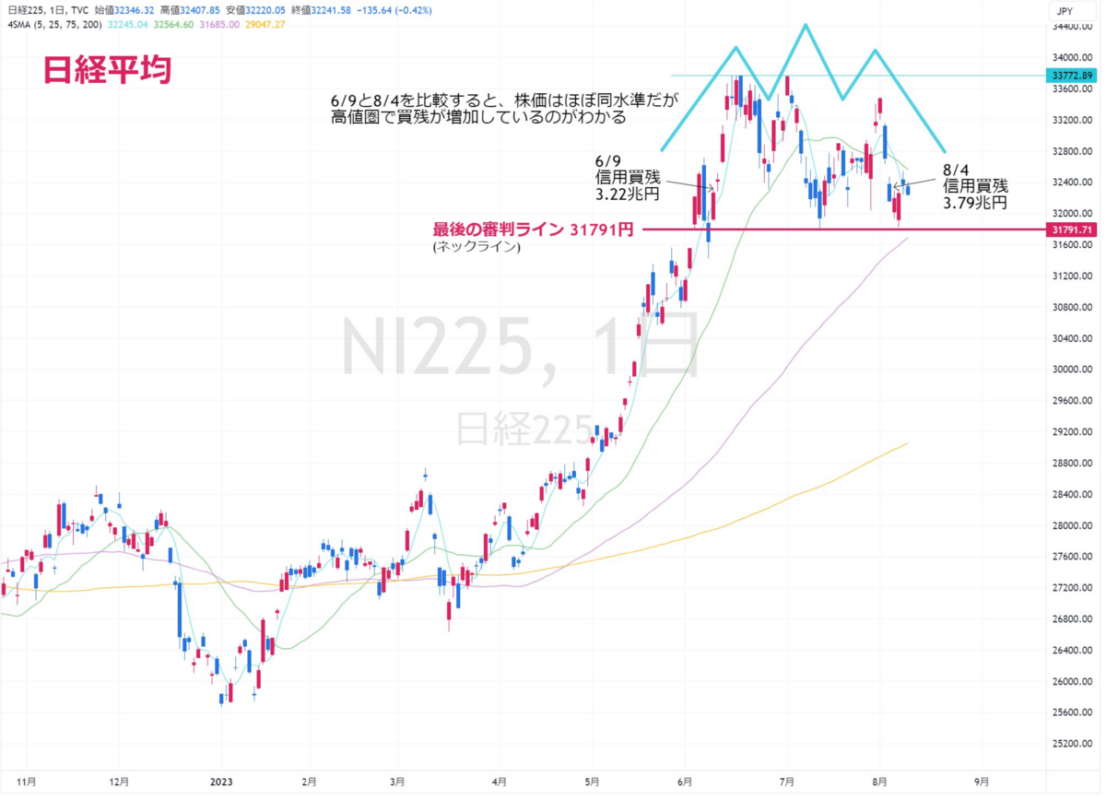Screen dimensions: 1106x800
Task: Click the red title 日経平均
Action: [108, 70]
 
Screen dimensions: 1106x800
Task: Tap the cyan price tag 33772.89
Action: [1071, 76]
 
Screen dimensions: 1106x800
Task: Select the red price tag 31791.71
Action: [1071, 229]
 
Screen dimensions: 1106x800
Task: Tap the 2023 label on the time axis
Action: [221, 782]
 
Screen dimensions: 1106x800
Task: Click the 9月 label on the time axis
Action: [982, 782]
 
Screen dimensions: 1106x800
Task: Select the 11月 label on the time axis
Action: [26, 782]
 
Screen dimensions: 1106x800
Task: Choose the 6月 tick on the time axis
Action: [685, 782]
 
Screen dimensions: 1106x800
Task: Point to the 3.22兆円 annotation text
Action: [627, 194]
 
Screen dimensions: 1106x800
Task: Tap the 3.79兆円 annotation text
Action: [975, 203]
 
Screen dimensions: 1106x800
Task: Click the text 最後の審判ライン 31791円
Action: [533, 229]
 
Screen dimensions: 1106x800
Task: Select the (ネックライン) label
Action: [477, 246]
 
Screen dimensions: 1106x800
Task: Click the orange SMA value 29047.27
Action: [265, 25]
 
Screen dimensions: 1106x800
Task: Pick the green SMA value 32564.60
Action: [173, 25]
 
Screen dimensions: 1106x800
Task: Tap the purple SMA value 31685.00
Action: [219, 25]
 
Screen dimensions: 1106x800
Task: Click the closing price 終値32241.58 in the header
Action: [321, 10]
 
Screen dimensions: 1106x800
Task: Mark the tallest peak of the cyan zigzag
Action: [806, 25]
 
